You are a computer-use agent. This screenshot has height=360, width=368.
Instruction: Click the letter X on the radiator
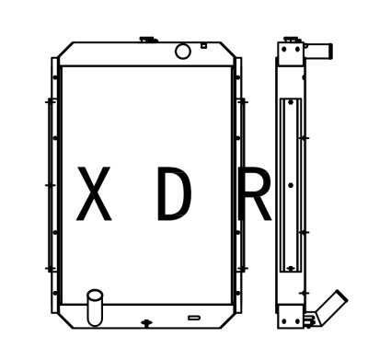click(94, 195)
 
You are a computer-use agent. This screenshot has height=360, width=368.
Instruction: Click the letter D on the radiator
click(174, 195)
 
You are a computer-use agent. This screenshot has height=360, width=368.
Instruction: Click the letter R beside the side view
click(255, 195)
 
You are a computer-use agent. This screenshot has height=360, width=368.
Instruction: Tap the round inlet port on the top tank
click(182, 51)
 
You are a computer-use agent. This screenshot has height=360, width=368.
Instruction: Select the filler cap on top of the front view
click(145, 40)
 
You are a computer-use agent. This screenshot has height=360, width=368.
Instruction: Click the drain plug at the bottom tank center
click(145, 322)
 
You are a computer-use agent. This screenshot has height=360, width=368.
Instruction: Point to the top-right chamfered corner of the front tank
click(227, 47)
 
